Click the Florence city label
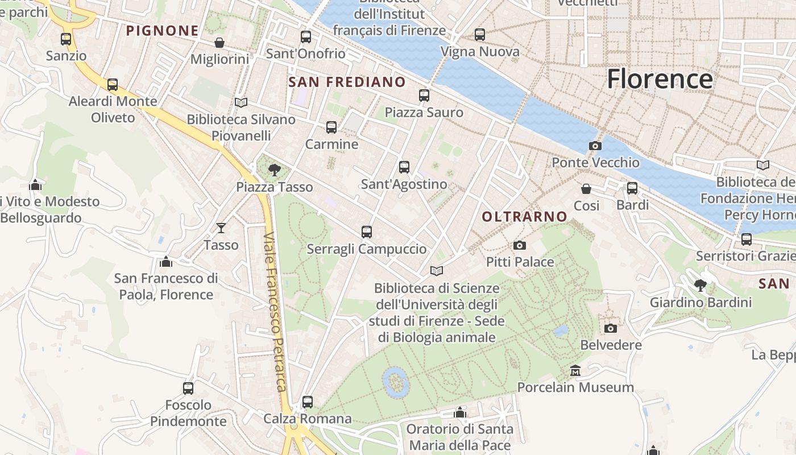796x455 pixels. coord(660,78)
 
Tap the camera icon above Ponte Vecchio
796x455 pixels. coord(595,146)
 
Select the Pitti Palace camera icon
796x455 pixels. coord(519,246)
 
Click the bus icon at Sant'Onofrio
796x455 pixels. coord(306,37)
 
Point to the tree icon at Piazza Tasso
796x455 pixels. coord(274,169)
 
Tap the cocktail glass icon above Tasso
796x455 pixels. coord(221,228)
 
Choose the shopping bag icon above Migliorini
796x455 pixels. coord(219,43)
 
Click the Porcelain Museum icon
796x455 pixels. coord(575,371)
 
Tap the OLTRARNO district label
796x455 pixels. coord(524,217)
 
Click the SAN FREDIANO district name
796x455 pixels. coord(347,82)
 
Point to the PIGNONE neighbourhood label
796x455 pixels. coord(162,31)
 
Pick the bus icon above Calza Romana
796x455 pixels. coord(308,402)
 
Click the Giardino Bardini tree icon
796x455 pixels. coord(700,286)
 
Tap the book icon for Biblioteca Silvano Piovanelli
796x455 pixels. coord(241,103)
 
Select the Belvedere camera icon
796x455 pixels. coord(611,328)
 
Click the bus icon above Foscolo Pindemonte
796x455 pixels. coord(188,388)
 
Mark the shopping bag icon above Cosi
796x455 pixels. coord(586,189)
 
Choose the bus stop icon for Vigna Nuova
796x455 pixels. coord(480,35)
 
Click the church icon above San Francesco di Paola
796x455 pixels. coord(166,262)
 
